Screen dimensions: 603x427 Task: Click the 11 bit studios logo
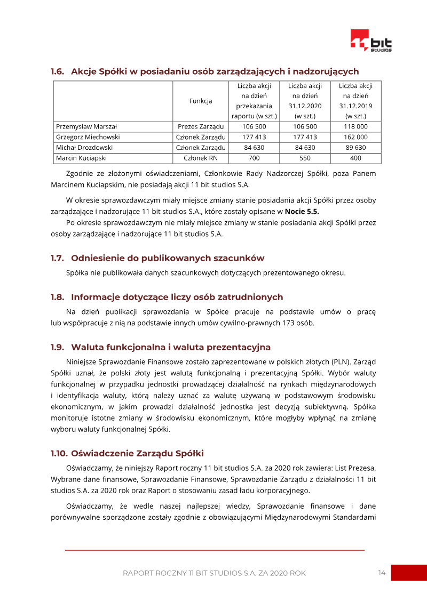[370, 41]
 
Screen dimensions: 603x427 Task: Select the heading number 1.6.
[58, 71]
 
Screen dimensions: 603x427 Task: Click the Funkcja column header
[201, 101]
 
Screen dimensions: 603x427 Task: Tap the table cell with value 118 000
[355, 127]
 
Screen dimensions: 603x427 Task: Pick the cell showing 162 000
[355, 137]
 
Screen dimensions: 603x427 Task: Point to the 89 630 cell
[355, 148]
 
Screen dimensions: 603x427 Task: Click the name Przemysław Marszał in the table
[86, 127]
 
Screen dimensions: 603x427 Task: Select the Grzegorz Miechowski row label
[88, 137]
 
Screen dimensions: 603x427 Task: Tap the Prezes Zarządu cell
[201, 127]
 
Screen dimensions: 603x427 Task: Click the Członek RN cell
[201, 158]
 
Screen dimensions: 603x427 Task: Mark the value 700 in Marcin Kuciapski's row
[254, 158]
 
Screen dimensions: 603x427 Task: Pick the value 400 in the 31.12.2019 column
[355, 158]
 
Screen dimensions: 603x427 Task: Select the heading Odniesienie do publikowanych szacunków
[168, 258]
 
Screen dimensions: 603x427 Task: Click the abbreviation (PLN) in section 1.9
[330, 361]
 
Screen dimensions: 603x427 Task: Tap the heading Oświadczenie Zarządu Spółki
[137, 454]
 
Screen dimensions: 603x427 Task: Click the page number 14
[382, 573]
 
